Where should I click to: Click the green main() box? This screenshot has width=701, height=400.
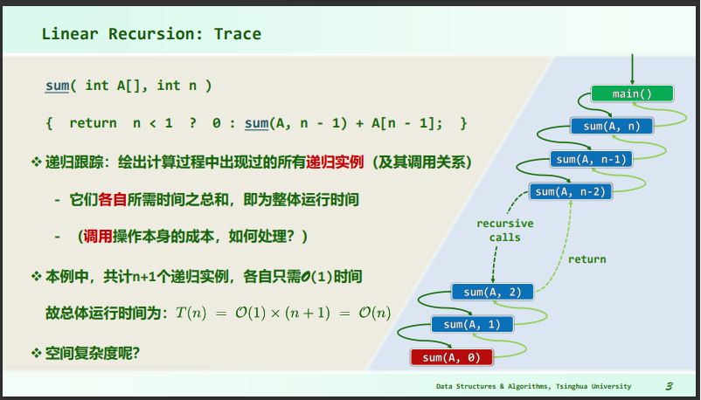[x=632, y=93]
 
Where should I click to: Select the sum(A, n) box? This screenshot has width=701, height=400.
[x=612, y=126]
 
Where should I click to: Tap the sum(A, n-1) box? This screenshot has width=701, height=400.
[x=591, y=159]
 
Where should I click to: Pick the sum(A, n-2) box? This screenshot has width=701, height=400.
[x=571, y=192]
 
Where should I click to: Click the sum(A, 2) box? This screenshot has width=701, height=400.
[x=492, y=292]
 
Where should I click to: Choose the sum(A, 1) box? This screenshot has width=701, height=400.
[x=472, y=325]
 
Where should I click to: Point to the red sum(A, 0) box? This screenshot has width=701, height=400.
[x=452, y=357]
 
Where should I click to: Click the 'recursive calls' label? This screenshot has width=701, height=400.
[x=504, y=231]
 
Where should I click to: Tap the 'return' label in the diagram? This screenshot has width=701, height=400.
[x=587, y=259]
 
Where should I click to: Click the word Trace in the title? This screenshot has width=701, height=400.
[x=238, y=34]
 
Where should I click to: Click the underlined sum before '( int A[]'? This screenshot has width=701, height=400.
[x=57, y=86]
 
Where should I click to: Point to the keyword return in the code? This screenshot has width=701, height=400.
[x=93, y=123]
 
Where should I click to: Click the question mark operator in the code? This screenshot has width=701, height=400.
[x=192, y=123]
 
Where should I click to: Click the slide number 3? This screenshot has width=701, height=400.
[x=670, y=386]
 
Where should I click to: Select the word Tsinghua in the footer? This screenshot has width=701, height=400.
[x=572, y=386]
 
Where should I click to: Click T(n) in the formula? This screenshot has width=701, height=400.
[x=191, y=313]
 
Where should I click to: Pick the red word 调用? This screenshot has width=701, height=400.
[x=98, y=236]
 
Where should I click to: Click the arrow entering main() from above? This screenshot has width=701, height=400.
[x=632, y=69]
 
